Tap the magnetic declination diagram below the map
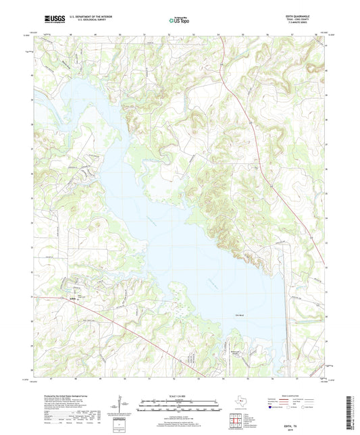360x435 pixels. pos(122,405)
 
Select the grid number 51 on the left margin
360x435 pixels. pos(32,296)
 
